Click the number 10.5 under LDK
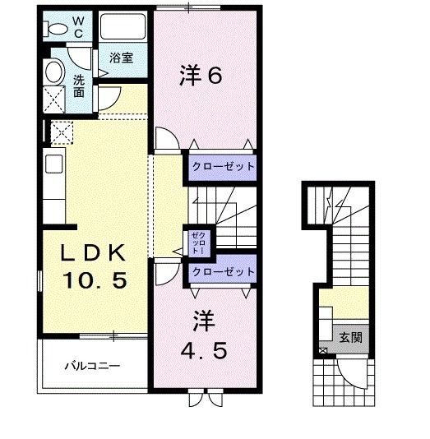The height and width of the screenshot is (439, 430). [96, 280]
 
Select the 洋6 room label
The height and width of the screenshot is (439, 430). [201, 76]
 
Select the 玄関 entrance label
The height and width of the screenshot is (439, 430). [350, 336]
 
